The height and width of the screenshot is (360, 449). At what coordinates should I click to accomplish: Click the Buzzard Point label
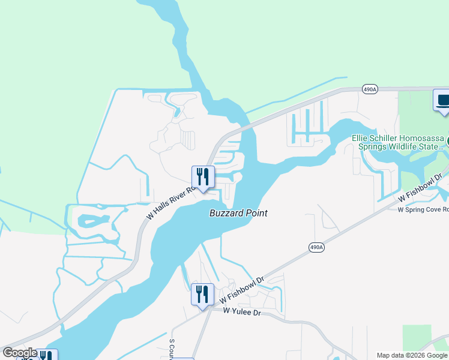[238, 213]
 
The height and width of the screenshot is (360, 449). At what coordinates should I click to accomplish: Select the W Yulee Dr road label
[243, 312]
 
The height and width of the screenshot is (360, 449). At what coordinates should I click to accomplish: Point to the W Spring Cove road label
[423, 209]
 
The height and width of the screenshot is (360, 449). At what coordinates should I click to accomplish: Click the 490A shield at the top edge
[370, 89]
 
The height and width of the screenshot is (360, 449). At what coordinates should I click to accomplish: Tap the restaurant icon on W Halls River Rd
[202, 177]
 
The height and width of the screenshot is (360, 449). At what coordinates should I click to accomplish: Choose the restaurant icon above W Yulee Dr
[202, 295]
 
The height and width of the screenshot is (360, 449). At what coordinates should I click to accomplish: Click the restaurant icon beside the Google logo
[46, 355]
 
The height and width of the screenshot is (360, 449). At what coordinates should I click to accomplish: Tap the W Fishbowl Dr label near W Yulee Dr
[242, 290]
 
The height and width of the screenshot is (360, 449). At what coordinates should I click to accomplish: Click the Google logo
[20, 353]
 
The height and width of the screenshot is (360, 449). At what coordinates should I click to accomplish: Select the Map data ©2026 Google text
[412, 355]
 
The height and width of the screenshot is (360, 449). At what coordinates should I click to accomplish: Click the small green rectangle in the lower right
[417, 338]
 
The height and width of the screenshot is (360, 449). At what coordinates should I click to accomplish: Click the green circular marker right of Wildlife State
[447, 142]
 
